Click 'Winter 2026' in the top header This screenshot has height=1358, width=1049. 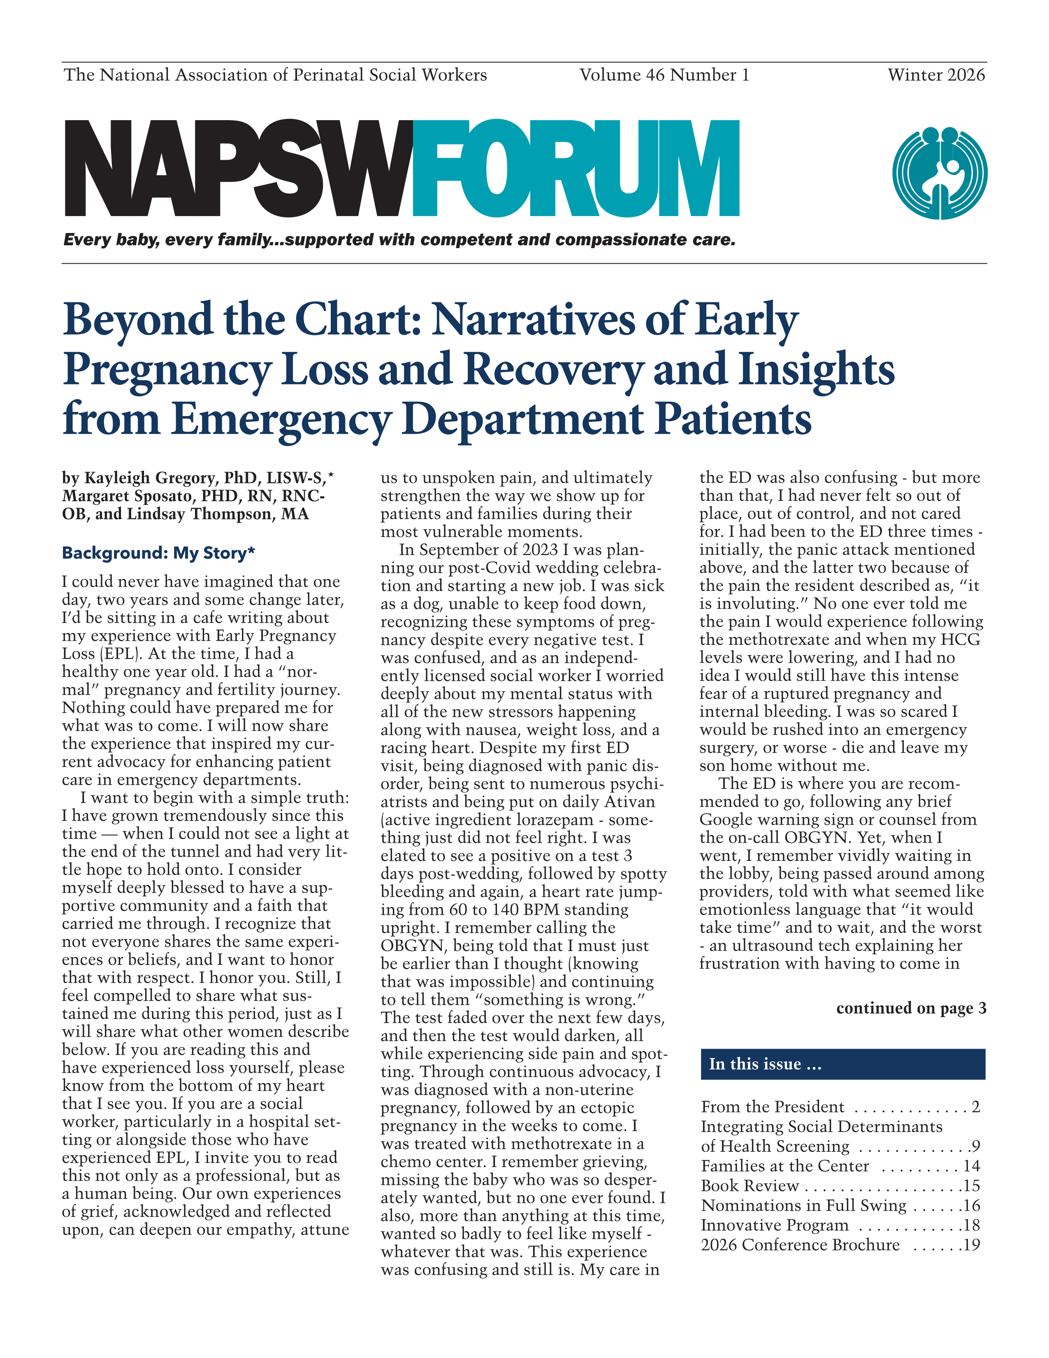point(936,75)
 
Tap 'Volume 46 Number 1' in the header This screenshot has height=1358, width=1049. point(664,75)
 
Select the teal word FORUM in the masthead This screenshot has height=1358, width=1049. point(576,169)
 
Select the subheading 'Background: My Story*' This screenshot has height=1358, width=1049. point(158,553)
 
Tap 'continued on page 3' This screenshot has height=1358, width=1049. point(910,1008)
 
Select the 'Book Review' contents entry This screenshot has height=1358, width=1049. point(750,1186)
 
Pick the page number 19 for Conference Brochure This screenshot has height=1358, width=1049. point(971,1245)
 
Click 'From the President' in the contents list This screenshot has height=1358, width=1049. point(773,1107)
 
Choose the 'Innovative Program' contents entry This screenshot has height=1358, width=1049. point(774,1225)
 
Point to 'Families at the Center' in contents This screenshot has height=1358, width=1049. point(785,1166)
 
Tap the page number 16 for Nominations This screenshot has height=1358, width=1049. point(971,1206)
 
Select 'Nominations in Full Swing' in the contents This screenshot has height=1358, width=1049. point(803,1206)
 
